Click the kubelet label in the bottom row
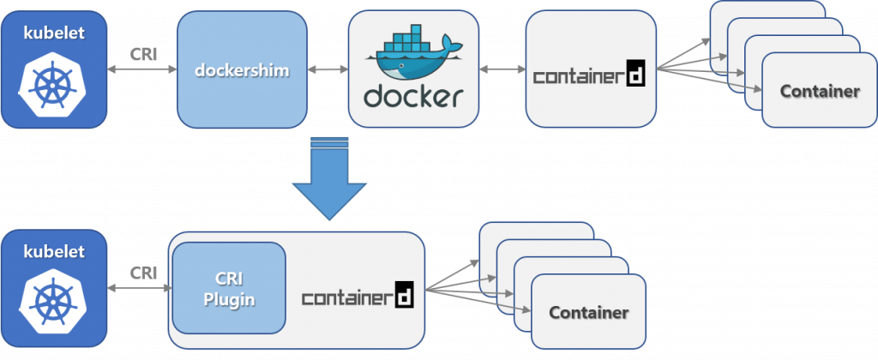click(x=54, y=252)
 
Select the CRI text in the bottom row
click(x=142, y=272)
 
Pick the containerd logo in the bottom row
click(x=358, y=297)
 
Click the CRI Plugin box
click(x=228, y=288)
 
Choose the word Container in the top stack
click(x=819, y=91)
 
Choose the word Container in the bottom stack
click(x=588, y=312)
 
